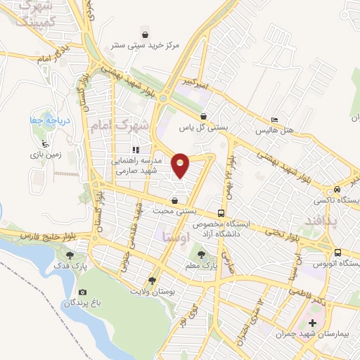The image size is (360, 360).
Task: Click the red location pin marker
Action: [181, 165]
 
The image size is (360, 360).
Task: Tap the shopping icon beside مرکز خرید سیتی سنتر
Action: [145, 34]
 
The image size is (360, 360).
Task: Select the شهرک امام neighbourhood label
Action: [120, 127]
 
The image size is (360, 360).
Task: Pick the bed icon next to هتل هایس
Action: [274, 120]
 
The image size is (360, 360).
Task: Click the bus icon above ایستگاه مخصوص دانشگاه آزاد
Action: [221, 212]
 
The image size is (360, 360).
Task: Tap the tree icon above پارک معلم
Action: [202, 255]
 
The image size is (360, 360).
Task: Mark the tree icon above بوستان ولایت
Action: [153, 279]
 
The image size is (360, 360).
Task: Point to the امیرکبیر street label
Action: [195, 82]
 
